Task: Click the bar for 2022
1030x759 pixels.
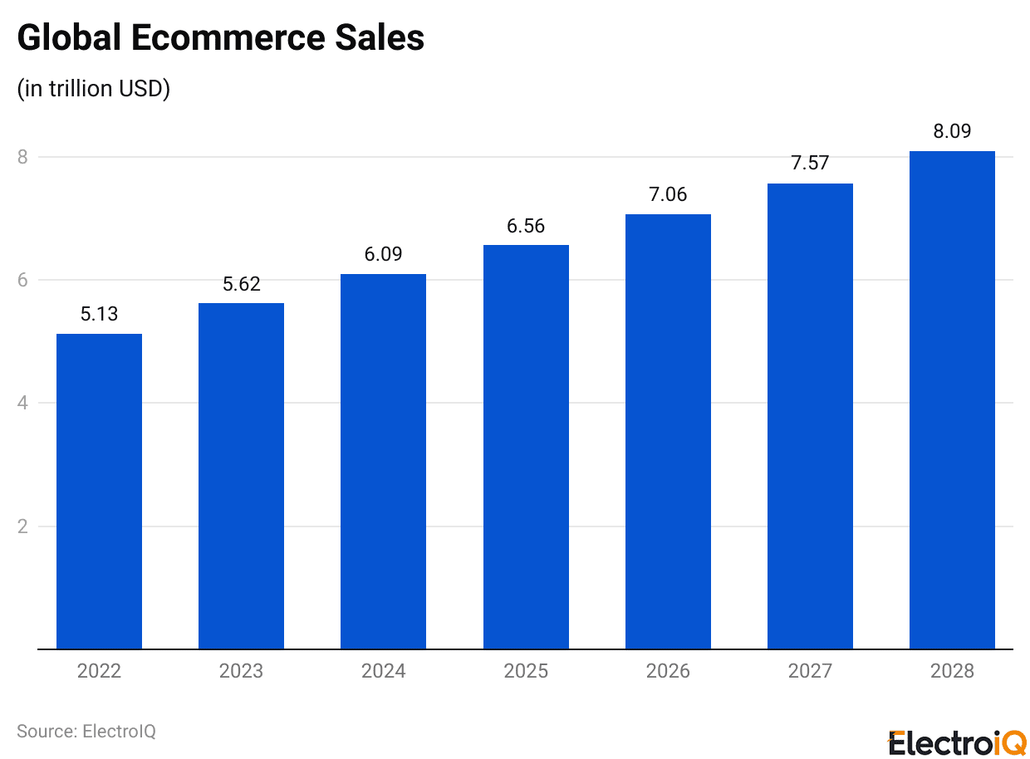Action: (x=99, y=491)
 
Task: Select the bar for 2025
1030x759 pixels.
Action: (x=526, y=447)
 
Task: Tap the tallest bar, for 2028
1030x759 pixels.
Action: (x=952, y=399)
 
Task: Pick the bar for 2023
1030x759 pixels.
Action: (x=241, y=476)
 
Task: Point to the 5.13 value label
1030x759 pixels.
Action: (x=99, y=314)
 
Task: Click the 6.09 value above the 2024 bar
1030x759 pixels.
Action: (x=383, y=254)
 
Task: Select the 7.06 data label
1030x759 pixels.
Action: (x=668, y=194)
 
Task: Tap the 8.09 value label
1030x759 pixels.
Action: (x=952, y=131)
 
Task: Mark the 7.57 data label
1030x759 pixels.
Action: (x=810, y=163)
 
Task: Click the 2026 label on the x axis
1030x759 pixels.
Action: (x=668, y=671)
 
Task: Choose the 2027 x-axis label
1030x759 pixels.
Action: (x=810, y=671)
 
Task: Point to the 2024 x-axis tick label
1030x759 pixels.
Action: (x=383, y=671)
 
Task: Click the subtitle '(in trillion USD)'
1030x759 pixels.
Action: (x=94, y=89)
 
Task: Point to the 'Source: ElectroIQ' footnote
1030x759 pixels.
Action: (x=86, y=732)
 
